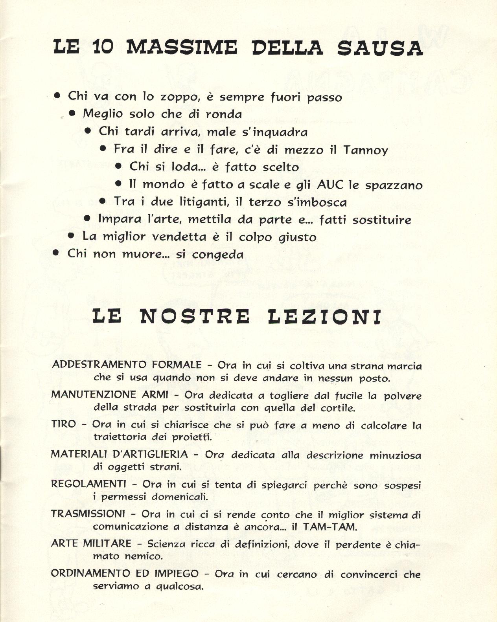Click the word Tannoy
point(366,150)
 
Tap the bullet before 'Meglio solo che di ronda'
point(72,113)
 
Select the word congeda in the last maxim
point(217,255)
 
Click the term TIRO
point(63,424)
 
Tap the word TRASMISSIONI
point(88,514)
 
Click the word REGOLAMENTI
point(89,484)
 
